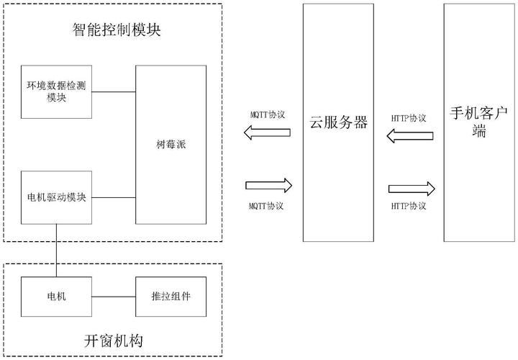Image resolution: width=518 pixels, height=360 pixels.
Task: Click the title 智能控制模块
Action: pyautogui.click(x=116, y=30)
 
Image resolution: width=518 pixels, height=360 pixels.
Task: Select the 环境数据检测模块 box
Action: pyautogui.click(x=56, y=91)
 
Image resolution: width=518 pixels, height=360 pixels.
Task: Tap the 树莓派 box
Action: pyautogui.click(x=171, y=145)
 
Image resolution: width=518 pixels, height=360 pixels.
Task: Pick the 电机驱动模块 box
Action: pyautogui.click(x=56, y=197)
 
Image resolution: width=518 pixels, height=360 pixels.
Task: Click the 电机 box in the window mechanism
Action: pyautogui.click(x=56, y=295)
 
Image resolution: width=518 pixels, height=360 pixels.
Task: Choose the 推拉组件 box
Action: pyautogui.click(x=171, y=295)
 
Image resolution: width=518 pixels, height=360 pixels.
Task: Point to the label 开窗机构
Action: pyautogui.click(x=112, y=341)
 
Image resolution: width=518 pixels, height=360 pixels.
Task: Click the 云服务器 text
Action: pyautogui.click(x=338, y=122)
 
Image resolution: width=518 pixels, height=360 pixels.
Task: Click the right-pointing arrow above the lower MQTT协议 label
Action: pyautogui.click(x=268, y=185)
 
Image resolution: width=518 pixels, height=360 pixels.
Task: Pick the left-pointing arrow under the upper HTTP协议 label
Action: pyautogui.click(x=409, y=135)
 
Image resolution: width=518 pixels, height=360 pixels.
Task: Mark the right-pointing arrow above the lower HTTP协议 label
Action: pyautogui.click(x=412, y=189)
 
